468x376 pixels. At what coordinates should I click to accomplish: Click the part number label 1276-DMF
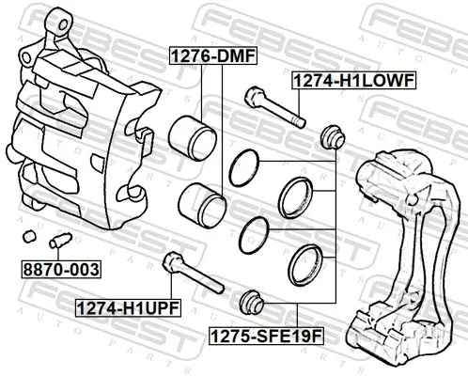tap(211, 56)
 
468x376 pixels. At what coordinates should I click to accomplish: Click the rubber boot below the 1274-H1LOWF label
tap(331, 136)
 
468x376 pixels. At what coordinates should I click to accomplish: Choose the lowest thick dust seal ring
tap(306, 263)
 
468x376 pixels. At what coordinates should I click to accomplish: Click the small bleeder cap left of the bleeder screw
tap(30, 233)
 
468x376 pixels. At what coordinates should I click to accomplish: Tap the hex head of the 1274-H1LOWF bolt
tap(253, 96)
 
